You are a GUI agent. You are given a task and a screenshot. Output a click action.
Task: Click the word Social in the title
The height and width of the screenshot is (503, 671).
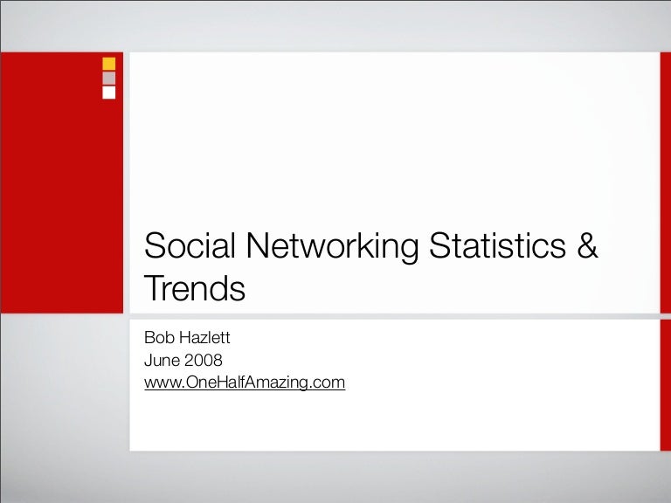pyautogui.click(x=190, y=245)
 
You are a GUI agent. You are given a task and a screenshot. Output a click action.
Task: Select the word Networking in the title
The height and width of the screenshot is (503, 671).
pyautogui.click(x=333, y=248)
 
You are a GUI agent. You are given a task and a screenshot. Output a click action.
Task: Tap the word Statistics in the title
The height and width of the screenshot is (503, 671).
pyautogui.click(x=497, y=245)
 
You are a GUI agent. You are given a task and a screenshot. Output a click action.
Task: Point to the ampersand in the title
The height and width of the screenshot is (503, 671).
pyautogui.click(x=587, y=245)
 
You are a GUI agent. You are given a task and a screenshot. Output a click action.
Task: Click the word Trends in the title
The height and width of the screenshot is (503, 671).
pyautogui.click(x=195, y=288)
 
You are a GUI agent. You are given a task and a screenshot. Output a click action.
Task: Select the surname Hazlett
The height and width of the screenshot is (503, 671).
pyautogui.click(x=204, y=337)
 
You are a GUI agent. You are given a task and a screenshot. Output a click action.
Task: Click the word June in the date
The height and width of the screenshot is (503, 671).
pyautogui.click(x=162, y=360)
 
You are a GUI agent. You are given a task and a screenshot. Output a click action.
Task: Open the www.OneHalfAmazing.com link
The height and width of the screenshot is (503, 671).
pyautogui.click(x=245, y=382)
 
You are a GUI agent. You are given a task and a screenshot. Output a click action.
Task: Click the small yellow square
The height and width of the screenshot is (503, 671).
pyautogui.click(x=108, y=64)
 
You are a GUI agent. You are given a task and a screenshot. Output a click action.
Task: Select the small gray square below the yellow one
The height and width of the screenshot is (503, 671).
pyautogui.click(x=108, y=79)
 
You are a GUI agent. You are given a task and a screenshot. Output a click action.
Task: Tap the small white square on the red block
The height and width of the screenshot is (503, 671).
pyautogui.click(x=108, y=93)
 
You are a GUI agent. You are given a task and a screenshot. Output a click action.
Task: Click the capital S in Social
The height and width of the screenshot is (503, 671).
pyautogui.click(x=154, y=245)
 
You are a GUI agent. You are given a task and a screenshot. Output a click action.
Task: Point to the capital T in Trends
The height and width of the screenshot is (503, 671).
pyautogui.click(x=154, y=288)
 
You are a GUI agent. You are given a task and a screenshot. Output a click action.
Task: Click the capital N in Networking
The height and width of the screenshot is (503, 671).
pyautogui.click(x=257, y=245)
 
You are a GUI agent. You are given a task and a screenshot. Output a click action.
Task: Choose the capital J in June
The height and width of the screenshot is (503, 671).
pyautogui.click(x=148, y=360)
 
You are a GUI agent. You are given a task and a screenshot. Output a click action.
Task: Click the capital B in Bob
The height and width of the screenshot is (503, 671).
pyautogui.click(x=149, y=337)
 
